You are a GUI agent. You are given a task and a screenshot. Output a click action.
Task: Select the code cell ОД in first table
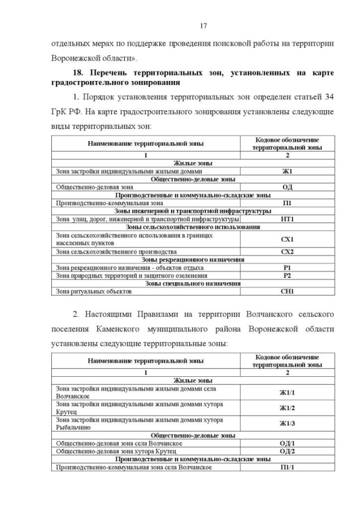point(287,187)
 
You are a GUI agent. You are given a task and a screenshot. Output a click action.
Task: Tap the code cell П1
point(287,203)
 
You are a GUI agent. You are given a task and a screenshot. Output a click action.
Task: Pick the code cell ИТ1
point(287,219)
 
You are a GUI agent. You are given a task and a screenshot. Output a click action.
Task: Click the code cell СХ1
point(287,239)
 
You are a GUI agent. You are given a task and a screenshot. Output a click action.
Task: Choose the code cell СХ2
point(287,252)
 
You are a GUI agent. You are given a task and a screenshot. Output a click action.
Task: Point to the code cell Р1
point(287,268)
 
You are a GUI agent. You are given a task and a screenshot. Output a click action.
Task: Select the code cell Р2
point(287,276)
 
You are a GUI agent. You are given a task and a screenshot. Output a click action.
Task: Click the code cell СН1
point(287,291)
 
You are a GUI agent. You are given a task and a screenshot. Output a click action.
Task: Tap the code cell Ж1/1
point(287,392)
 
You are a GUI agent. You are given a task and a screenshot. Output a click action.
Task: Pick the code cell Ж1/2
point(287,408)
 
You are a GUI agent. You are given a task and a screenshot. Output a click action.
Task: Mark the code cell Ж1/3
point(287,424)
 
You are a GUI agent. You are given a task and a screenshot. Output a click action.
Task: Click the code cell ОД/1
point(287,443)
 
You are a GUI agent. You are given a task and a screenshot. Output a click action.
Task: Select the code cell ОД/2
point(287,451)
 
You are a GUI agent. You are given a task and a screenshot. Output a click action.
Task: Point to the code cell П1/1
point(287,467)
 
